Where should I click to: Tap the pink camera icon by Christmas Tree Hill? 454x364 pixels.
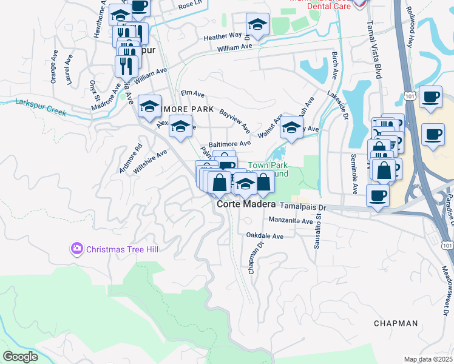[x=76, y=248]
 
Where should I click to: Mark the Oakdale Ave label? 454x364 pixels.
[x=265, y=235]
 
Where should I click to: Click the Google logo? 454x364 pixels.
[x=21, y=357]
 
